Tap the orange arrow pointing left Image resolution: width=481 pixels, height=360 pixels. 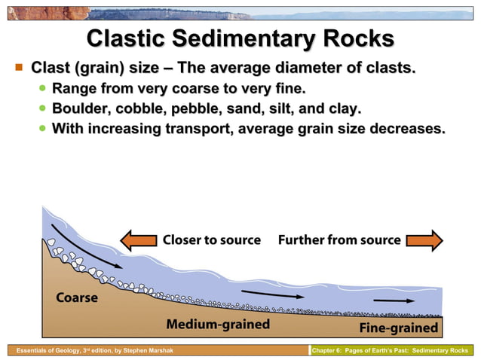tap(139, 240)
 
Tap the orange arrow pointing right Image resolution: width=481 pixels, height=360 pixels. tap(425, 240)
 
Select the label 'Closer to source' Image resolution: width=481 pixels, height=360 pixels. tap(212, 240)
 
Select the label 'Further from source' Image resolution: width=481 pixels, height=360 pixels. tap(339, 240)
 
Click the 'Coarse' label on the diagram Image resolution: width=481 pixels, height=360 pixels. tap(77, 297)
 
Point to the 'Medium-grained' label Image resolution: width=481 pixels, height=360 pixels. tap(218, 325)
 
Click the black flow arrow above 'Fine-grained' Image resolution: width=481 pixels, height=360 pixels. tap(394, 300)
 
